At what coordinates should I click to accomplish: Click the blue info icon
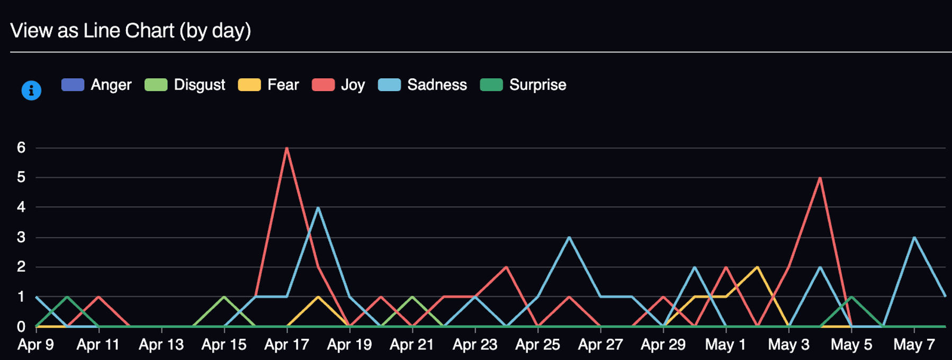(x=31, y=91)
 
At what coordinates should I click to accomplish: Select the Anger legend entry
(x=96, y=85)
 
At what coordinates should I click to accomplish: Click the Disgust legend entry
(x=185, y=85)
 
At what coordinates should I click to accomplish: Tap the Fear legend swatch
(x=249, y=85)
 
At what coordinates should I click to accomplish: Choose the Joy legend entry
(x=338, y=85)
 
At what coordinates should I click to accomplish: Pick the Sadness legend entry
(x=423, y=85)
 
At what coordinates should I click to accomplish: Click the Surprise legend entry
(x=523, y=85)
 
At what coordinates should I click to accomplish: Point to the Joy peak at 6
(x=286, y=148)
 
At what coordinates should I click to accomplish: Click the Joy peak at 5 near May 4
(x=820, y=178)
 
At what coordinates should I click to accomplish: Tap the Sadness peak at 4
(x=318, y=208)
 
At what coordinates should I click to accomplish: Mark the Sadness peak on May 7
(x=914, y=237)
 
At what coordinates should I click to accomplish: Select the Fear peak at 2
(x=757, y=267)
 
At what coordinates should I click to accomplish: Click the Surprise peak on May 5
(x=851, y=297)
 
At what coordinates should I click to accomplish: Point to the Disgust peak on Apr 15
(x=224, y=297)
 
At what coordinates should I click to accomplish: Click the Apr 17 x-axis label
(x=286, y=345)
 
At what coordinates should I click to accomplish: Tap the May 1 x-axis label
(x=725, y=345)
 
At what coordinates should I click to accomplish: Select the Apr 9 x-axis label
(x=36, y=345)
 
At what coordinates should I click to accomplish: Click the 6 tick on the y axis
(x=21, y=148)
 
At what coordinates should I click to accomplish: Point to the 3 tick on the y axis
(x=21, y=237)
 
